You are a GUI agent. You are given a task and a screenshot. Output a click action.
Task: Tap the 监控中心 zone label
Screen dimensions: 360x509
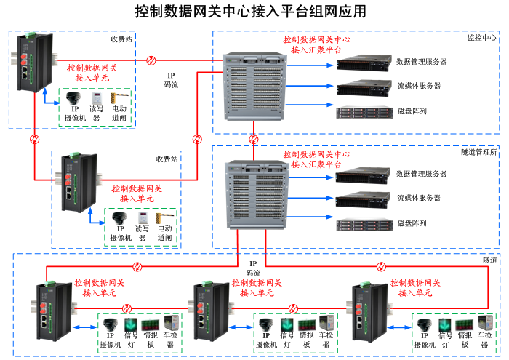(x=481, y=37)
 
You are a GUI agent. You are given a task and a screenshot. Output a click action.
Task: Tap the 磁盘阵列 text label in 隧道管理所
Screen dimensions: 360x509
(x=412, y=223)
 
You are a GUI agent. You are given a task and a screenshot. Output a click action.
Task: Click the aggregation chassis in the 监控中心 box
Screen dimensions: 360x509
(x=248, y=87)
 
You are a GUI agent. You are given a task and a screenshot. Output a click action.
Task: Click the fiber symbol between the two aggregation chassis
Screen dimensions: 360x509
(x=253, y=138)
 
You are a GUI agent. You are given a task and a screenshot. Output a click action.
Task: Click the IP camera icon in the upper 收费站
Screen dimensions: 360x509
(x=74, y=97)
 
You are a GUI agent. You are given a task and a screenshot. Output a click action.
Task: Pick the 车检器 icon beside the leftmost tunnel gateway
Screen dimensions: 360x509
(x=171, y=324)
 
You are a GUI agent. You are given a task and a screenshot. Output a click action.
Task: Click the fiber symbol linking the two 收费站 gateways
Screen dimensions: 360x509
(x=34, y=138)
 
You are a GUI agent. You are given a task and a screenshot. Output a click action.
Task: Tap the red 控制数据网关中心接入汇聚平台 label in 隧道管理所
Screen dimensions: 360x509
(x=316, y=159)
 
